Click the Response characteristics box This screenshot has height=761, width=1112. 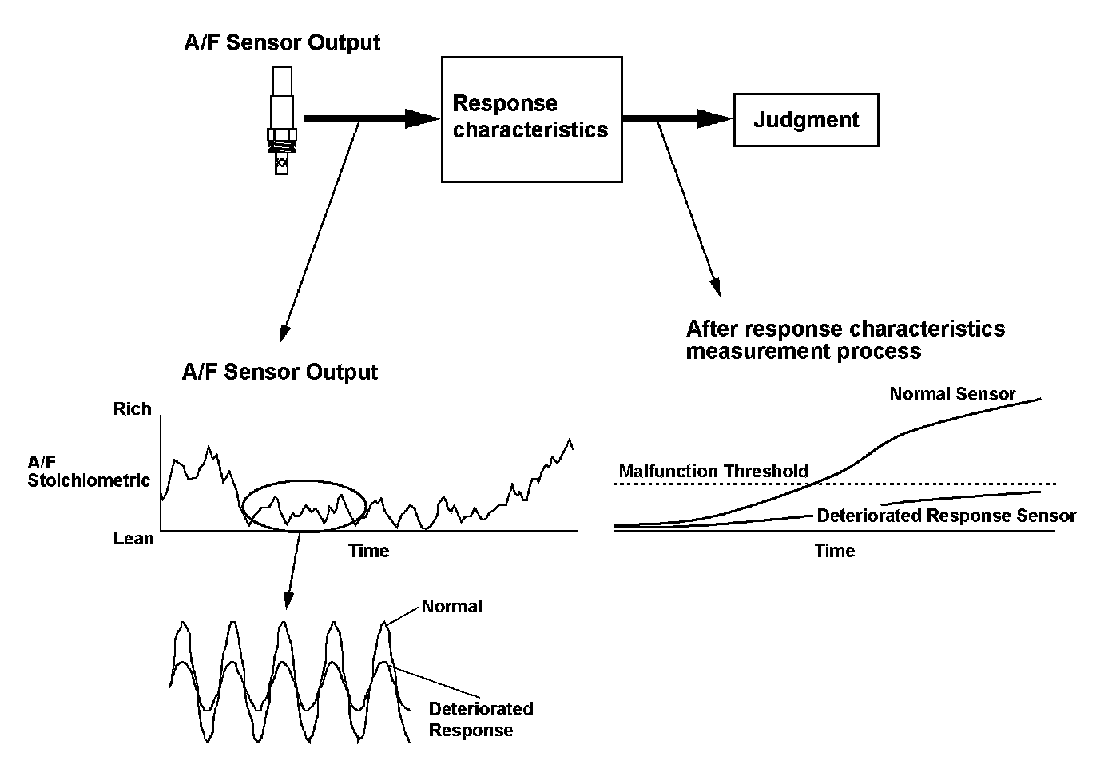click(x=531, y=118)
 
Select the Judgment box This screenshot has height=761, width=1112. click(x=805, y=120)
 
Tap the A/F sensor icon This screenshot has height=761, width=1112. click(x=282, y=120)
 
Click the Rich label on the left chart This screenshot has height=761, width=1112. click(x=133, y=409)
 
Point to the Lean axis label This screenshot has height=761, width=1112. click(x=133, y=538)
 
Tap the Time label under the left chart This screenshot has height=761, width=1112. click(x=369, y=551)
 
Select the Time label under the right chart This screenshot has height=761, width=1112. click(x=835, y=551)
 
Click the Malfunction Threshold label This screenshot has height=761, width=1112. click(x=713, y=471)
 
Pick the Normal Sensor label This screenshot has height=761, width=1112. click(x=952, y=394)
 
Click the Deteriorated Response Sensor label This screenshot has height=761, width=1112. click(x=946, y=516)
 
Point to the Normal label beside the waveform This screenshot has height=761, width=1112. click(x=452, y=606)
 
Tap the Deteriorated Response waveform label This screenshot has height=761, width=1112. click(x=480, y=719)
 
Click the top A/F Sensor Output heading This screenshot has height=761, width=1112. click(x=282, y=42)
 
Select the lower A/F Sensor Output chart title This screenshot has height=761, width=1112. click(x=280, y=372)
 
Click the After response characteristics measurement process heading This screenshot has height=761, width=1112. click(x=845, y=340)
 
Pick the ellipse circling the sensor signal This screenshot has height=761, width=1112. click(x=304, y=482)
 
